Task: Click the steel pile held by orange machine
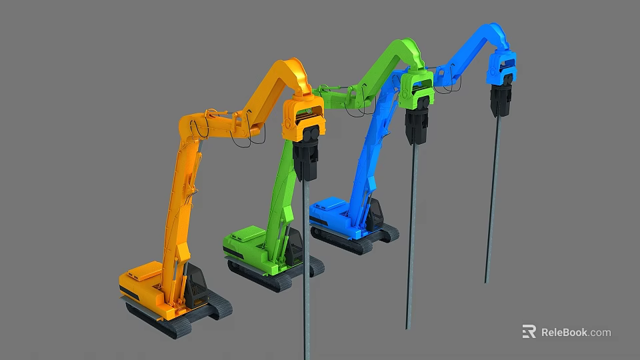click(306, 267)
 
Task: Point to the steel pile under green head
click(411, 233)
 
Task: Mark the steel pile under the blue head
click(493, 200)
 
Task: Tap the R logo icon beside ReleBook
click(529, 331)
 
